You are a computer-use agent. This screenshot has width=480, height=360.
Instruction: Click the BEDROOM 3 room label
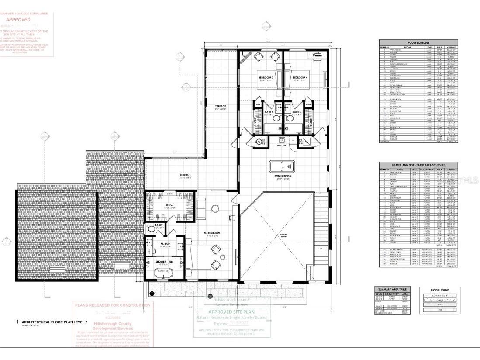[x=266, y=78]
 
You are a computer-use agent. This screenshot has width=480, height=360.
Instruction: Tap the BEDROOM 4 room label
[x=300, y=78]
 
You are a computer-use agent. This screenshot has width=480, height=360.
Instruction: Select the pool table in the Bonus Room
[x=282, y=166]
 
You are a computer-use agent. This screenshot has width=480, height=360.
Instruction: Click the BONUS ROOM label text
[x=282, y=177]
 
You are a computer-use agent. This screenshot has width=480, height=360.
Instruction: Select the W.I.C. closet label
[x=157, y=205]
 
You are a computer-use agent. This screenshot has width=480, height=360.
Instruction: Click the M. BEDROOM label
[x=211, y=233]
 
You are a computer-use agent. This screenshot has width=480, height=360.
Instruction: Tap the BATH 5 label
[x=297, y=112]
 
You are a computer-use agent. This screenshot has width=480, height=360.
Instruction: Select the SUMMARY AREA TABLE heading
[x=391, y=289]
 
